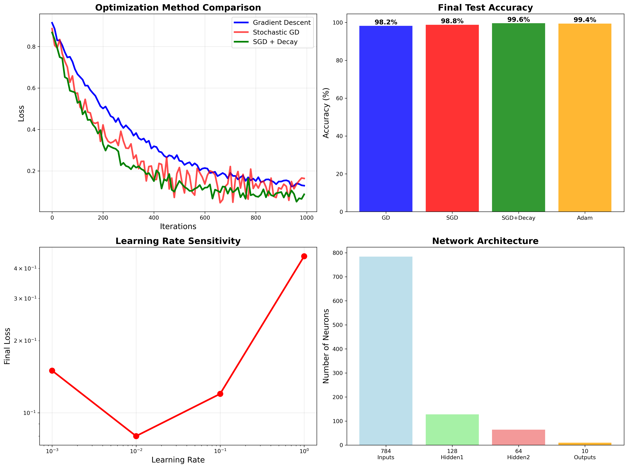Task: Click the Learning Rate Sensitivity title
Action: point(178,241)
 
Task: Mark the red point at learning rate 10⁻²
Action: point(136,436)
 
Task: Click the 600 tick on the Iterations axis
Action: point(205,218)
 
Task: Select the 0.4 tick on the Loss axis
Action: point(31,130)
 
